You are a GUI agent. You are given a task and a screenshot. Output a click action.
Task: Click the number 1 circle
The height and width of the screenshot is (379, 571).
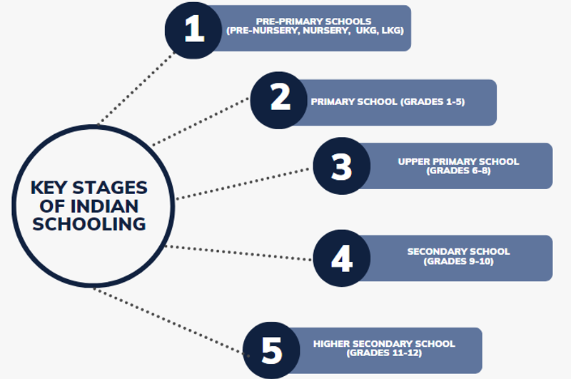click(194, 30)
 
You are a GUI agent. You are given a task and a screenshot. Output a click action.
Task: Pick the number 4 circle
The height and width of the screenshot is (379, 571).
click(342, 258)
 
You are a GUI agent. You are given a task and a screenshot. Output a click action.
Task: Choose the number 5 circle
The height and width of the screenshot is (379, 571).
click(272, 350)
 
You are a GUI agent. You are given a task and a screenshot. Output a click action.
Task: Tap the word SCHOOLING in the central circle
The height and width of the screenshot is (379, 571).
click(89, 224)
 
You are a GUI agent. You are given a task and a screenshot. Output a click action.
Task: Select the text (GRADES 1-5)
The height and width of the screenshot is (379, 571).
click(433, 102)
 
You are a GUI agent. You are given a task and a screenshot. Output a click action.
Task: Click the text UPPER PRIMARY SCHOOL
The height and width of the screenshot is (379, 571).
click(458, 161)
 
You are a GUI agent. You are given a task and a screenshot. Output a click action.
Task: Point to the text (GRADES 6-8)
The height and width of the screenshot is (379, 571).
click(458, 171)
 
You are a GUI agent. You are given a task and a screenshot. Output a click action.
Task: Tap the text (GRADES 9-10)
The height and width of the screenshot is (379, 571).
click(458, 261)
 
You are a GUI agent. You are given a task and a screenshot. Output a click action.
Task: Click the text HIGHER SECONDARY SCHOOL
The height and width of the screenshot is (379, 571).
click(384, 344)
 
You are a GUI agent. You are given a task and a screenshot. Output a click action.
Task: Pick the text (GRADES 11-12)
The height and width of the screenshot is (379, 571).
click(384, 353)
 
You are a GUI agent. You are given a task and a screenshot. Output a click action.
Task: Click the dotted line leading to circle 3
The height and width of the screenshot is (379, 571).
click(243, 183)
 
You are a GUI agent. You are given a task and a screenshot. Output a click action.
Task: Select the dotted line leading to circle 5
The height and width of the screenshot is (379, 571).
click(171, 321)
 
